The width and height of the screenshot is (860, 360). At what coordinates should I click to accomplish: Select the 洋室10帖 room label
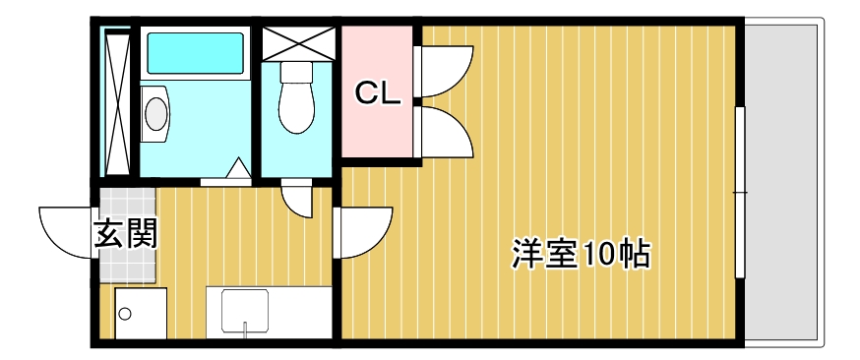coord(580,254)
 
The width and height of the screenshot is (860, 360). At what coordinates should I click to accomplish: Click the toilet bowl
coord(295,98)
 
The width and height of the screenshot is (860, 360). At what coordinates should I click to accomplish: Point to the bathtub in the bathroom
coord(194,54)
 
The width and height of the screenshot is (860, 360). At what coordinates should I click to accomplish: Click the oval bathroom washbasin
coord(155,112)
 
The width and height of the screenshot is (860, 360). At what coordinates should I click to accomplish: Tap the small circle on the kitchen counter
coord(125,315)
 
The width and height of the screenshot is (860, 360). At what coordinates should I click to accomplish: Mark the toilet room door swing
coord(296,197)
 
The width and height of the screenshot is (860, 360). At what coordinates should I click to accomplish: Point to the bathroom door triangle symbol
coord(237,171)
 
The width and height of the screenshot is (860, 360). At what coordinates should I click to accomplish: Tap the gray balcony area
coord(782,182)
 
